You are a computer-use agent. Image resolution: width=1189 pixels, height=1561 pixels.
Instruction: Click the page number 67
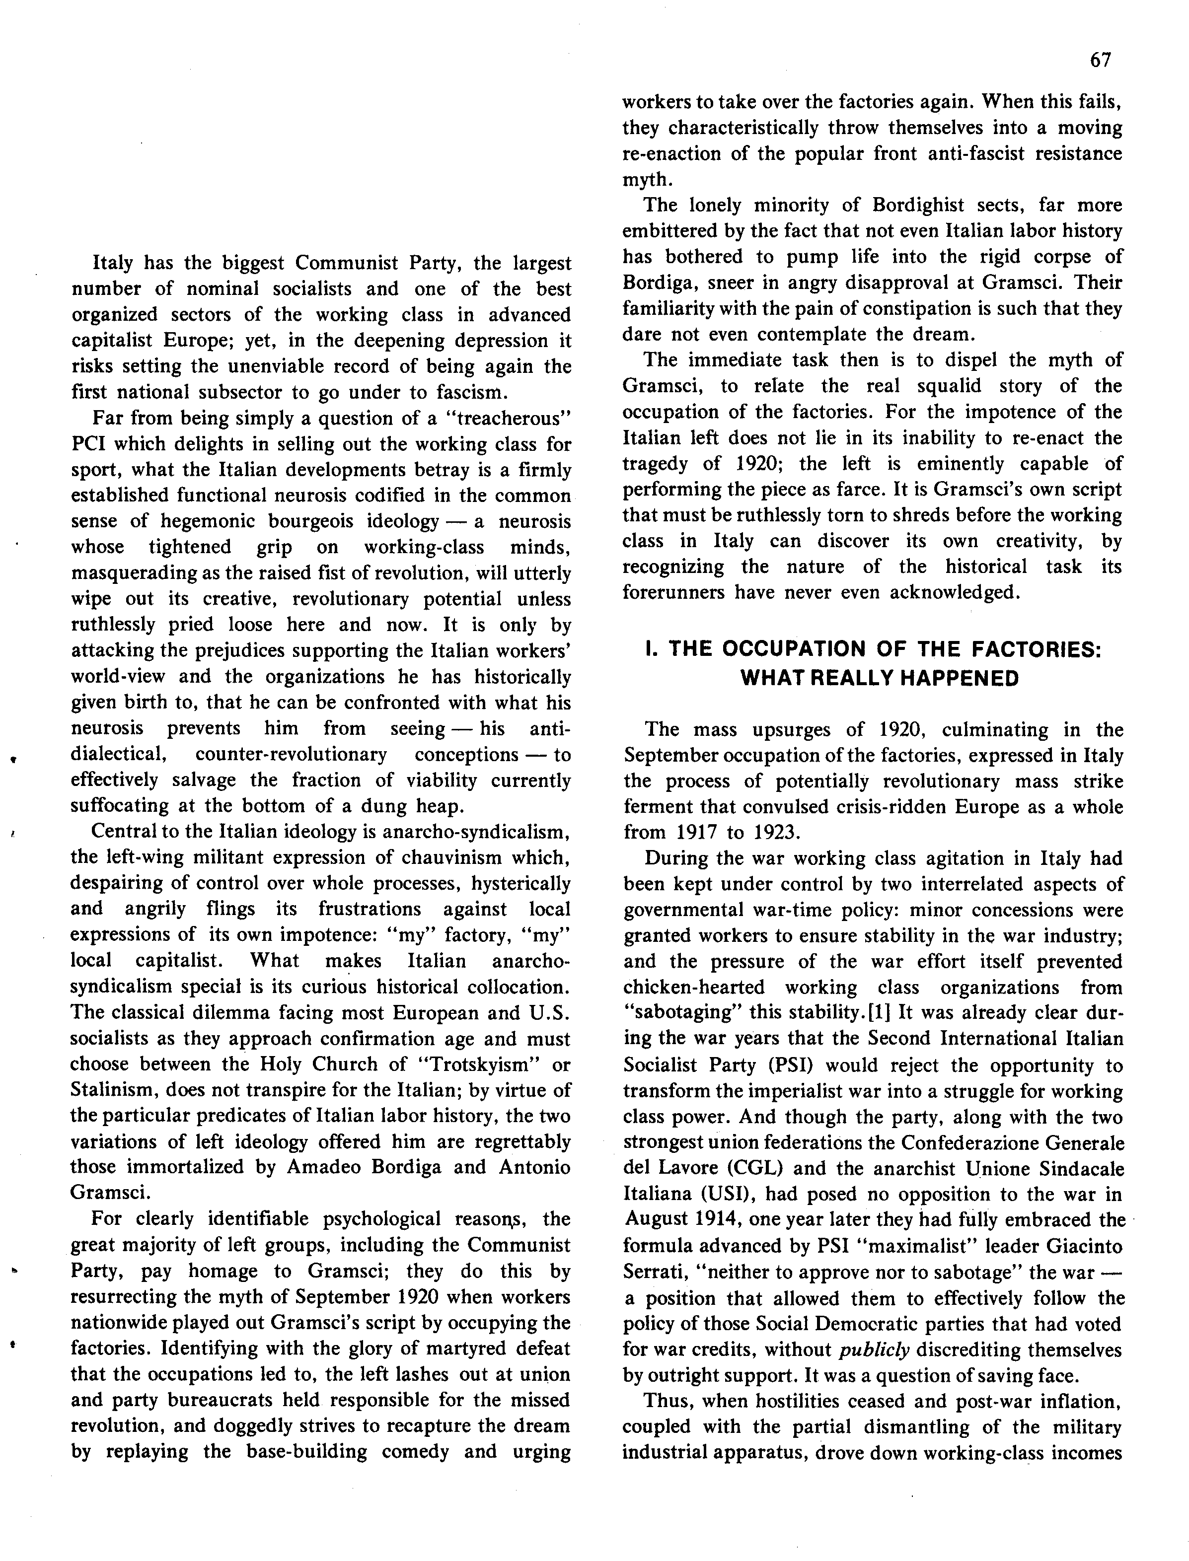tap(1101, 60)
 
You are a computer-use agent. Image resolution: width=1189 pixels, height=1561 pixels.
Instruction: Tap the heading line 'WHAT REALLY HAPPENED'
tap(879, 679)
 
